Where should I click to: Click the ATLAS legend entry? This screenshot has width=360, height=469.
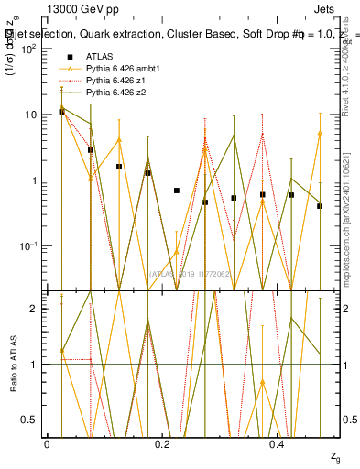coord(100,59)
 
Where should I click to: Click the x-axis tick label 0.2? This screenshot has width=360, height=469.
coord(162,443)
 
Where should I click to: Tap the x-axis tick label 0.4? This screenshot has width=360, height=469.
coord(278,443)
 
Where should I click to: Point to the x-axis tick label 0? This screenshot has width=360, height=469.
coord(47,443)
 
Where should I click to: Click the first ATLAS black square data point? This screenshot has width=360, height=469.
coord(61,111)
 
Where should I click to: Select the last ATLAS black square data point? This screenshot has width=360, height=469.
coord(320,206)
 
